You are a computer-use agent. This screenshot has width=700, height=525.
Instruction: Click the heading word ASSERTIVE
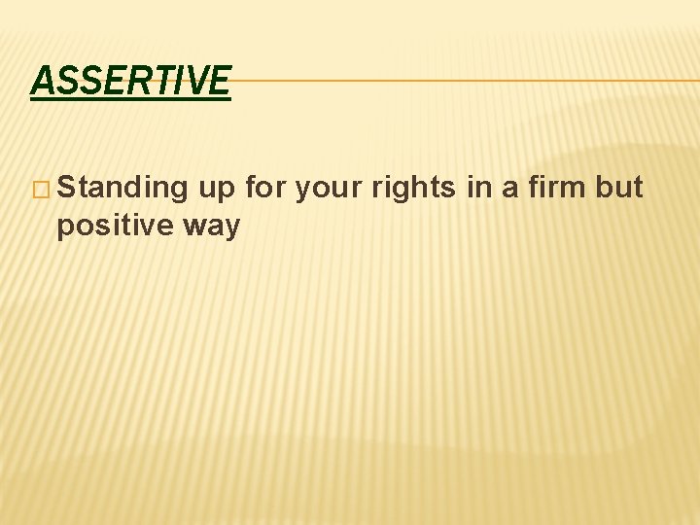pos(130,80)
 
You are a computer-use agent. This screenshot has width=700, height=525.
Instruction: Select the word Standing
pos(122,187)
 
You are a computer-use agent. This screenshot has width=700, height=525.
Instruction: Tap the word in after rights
pos(479,187)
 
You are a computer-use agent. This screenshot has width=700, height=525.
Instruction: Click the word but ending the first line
pos(619,187)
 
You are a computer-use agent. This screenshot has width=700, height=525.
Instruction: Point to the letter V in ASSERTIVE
pos(199,80)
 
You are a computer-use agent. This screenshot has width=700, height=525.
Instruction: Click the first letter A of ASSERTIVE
pos(42,80)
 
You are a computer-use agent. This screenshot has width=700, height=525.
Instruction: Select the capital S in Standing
pos(67,187)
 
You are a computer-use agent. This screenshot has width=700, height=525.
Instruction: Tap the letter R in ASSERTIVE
pos(141,80)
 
